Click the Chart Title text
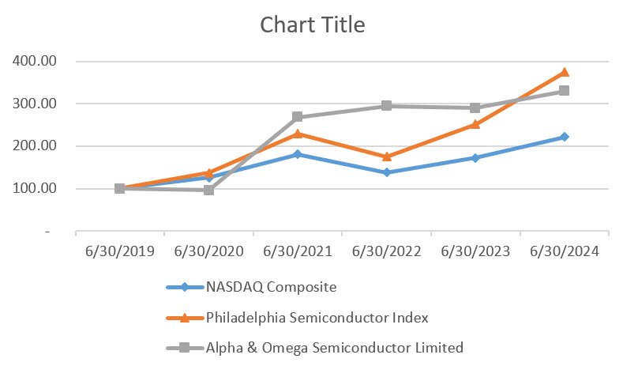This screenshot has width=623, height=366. point(313,25)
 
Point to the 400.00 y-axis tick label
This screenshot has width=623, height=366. point(33,61)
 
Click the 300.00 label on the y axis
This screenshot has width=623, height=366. point(33,104)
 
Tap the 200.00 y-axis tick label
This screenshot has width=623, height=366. point(33,146)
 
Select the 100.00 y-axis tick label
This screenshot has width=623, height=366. point(33,189)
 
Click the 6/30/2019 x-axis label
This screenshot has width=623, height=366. point(119,251)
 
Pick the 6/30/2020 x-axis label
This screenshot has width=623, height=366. point(208,251)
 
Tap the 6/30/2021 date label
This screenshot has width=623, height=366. point(298,251)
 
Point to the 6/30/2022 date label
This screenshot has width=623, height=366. point(386,251)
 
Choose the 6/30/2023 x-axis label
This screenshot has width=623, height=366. point(475,251)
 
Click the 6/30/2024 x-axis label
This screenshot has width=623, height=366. point(564,251)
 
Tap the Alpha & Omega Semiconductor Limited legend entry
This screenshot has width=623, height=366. point(333,346)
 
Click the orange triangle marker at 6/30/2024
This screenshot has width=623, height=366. point(564,72)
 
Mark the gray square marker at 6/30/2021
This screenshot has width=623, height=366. point(298,117)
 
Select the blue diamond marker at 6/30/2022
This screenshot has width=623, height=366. point(386,172)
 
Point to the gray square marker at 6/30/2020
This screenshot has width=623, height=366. point(208,190)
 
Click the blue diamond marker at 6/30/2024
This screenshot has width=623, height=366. point(564,137)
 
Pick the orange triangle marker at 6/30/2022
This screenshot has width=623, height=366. point(386,157)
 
